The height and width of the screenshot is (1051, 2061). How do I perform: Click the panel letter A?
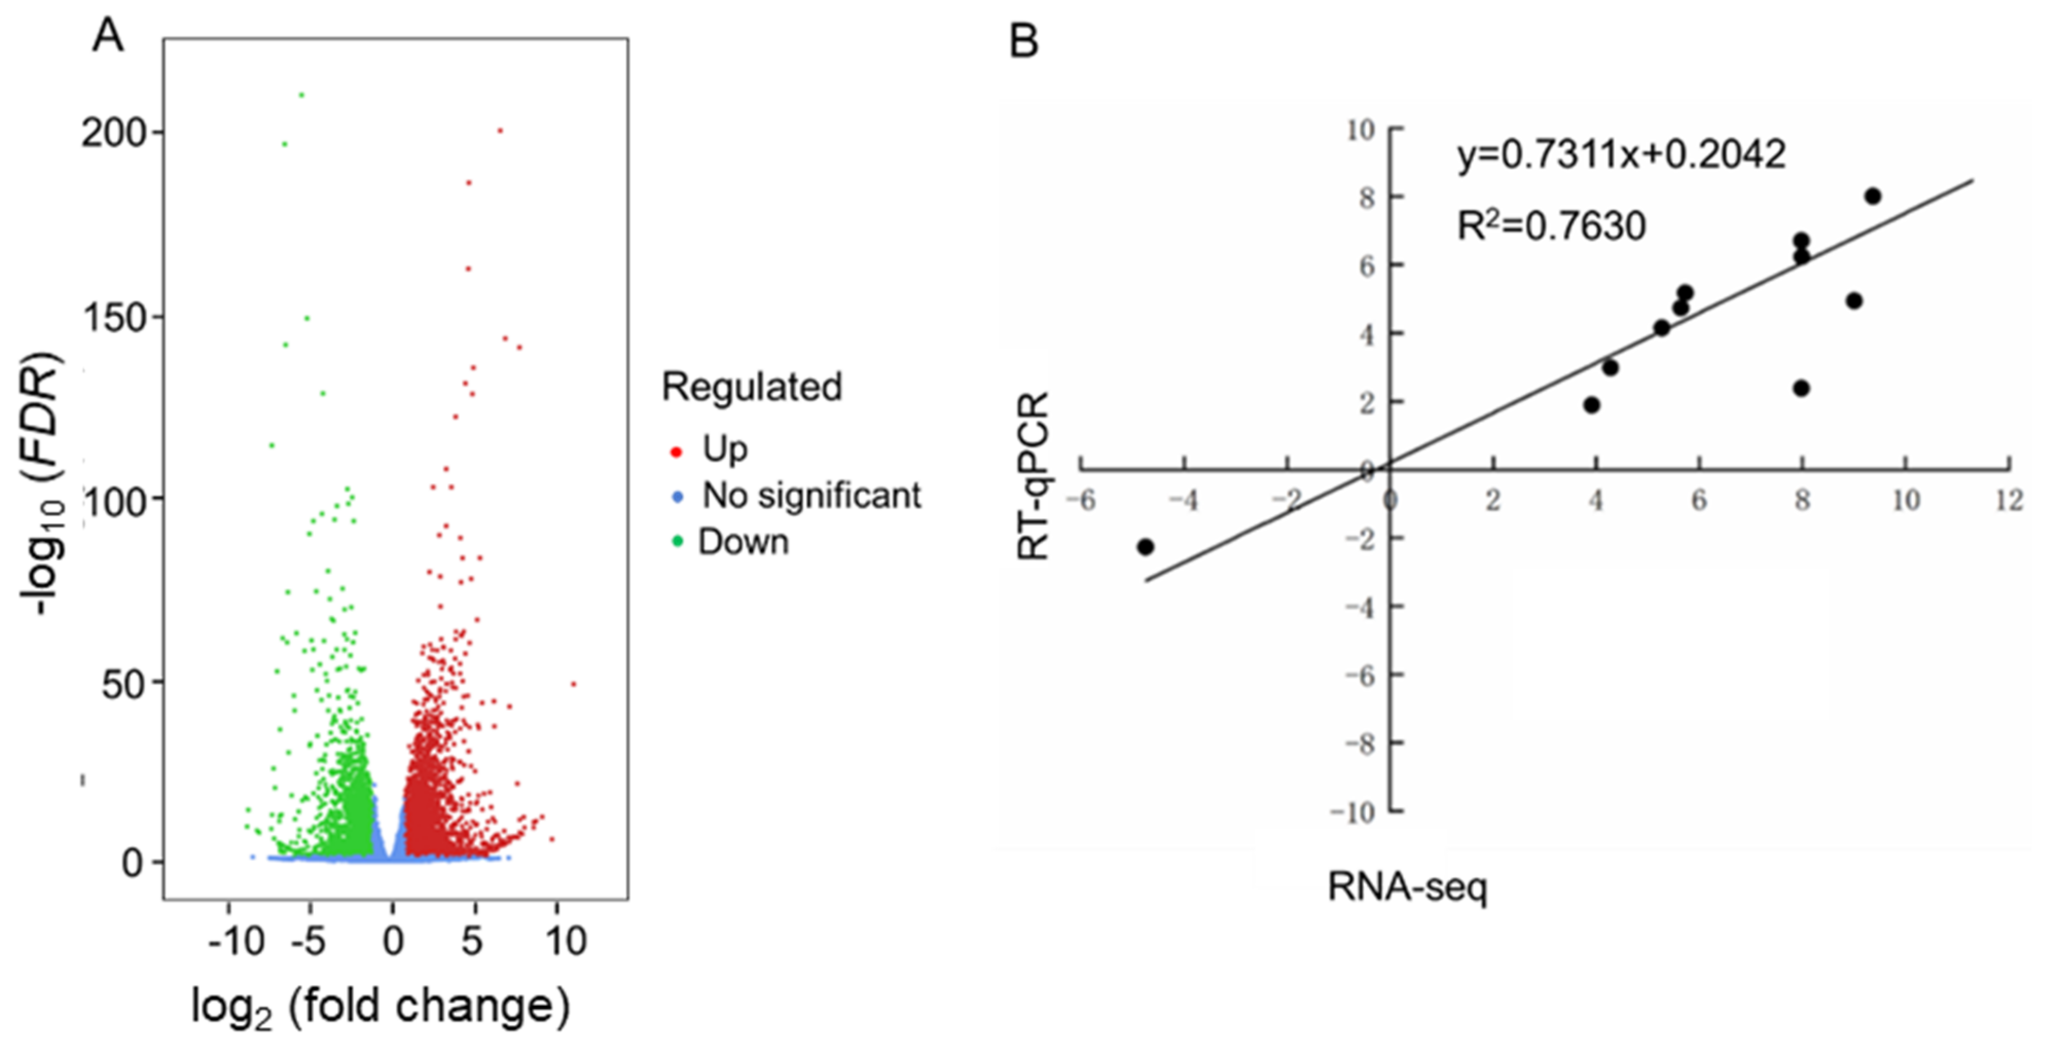(x=108, y=36)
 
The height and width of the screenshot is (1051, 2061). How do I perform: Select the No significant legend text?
(x=811, y=496)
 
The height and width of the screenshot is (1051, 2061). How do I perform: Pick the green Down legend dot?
(x=677, y=541)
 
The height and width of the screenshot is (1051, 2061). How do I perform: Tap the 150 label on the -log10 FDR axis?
(x=117, y=318)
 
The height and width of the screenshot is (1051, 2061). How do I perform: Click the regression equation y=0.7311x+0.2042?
(x=1621, y=154)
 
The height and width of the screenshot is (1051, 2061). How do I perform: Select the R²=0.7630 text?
(x=1550, y=226)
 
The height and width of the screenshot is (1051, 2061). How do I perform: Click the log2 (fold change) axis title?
(x=380, y=1007)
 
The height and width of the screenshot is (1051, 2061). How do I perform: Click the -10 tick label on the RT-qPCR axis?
(x=1352, y=812)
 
